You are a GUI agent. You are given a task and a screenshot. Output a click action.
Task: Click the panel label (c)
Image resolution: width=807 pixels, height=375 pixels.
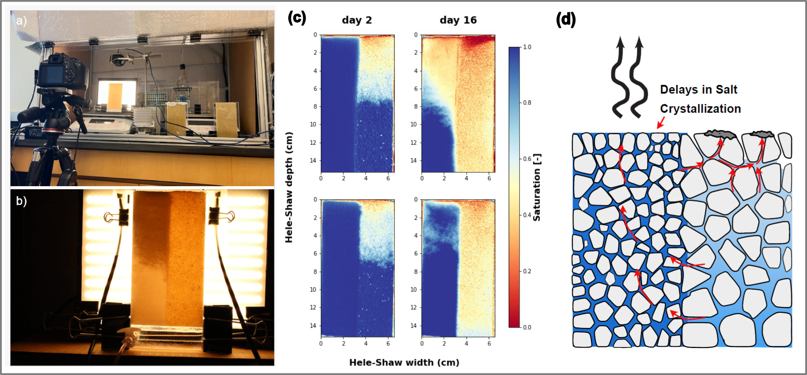[297, 18]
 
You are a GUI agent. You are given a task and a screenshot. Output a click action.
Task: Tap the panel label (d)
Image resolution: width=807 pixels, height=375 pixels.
[566, 20]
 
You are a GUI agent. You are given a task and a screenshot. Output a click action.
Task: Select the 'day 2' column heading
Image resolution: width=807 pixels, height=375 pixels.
[357, 20]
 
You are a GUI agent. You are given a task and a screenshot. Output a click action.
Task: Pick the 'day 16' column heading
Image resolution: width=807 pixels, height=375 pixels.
[458, 20]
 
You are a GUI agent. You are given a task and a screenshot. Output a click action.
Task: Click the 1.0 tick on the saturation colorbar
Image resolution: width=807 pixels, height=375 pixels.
[527, 47]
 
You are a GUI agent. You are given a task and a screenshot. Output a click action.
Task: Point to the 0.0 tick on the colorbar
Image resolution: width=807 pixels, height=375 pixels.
[527, 327]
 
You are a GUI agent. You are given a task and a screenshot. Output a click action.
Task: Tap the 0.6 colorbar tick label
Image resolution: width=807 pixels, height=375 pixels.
[527, 159]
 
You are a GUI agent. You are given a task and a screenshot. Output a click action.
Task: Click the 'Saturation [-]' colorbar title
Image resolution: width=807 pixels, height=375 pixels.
[537, 187]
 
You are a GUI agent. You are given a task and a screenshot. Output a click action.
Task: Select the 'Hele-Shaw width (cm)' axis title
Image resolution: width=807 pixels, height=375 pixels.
[404, 362]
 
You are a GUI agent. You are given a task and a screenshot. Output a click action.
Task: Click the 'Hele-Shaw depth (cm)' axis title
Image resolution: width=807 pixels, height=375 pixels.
[289, 187]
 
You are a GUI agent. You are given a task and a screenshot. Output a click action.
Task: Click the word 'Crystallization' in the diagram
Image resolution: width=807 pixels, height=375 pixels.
[700, 109]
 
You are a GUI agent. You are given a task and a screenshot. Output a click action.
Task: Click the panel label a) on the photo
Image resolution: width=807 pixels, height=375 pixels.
[21, 21]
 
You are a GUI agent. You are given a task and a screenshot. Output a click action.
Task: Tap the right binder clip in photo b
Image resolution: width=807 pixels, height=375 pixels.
[219, 214]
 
